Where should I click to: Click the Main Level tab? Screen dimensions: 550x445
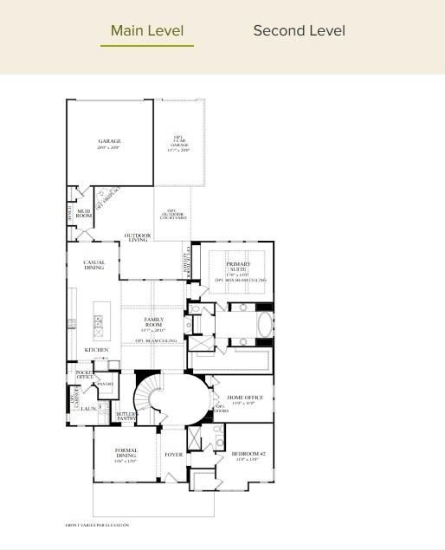147,31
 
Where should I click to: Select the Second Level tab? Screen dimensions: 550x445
299,31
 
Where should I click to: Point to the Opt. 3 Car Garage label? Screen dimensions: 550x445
178,144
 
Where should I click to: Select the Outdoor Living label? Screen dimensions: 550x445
138,237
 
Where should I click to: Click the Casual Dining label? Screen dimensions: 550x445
94,265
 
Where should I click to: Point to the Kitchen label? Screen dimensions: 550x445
96,350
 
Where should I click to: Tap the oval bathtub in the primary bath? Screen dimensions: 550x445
264,326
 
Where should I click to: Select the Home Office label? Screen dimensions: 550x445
245,399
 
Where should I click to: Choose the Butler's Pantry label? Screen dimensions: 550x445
126,417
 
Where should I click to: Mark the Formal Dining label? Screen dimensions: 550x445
126,452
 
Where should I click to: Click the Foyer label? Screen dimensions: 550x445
173,453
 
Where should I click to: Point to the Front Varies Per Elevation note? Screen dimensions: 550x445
98,525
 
